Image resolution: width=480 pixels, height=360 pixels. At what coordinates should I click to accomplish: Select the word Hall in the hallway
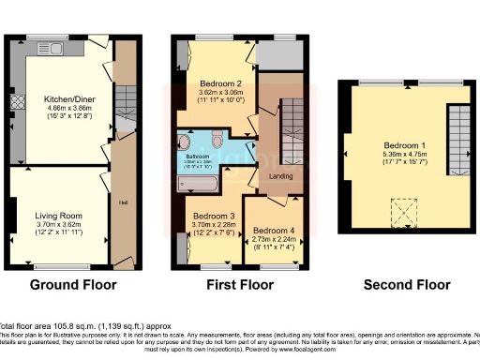pyautogui.click(x=122, y=201)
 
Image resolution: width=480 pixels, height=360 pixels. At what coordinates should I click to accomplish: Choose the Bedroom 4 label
pyautogui.click(x=276, y=229)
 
